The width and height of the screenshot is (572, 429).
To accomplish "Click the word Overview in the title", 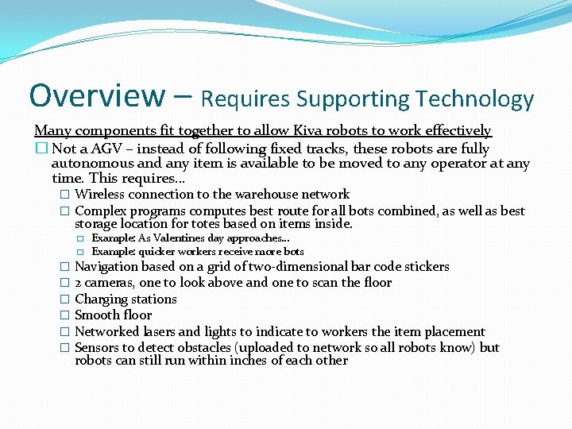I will (96, 95).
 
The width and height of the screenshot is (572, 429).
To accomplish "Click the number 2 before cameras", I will (78, 283).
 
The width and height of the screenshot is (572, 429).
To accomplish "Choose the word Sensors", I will (99, 347).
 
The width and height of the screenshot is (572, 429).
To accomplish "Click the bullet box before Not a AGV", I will (41, 149).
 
